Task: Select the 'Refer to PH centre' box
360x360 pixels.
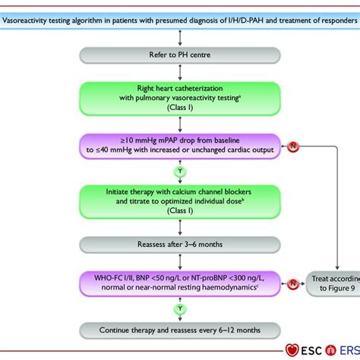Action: click(179, 55)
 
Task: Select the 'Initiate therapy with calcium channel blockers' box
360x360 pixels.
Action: click(179, 200)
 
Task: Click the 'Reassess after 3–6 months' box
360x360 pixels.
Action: click(179, 245)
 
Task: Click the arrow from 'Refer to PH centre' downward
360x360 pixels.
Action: click(179, 70)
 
